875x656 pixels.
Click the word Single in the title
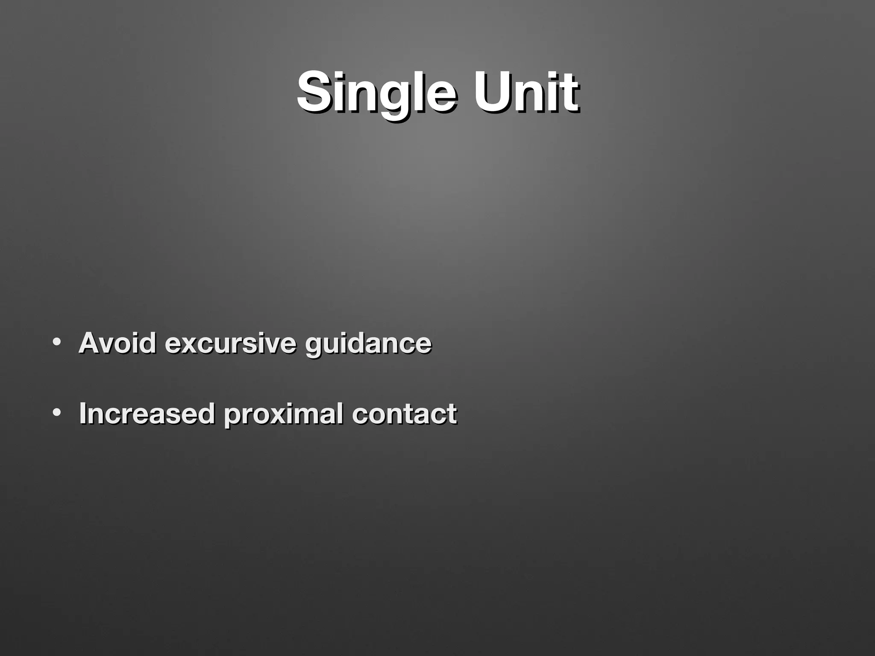376,92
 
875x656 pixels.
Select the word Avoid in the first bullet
117,343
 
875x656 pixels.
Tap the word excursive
230,343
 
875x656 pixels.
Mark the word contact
404,413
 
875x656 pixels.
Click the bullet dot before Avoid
56,342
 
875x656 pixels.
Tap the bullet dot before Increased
56,413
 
